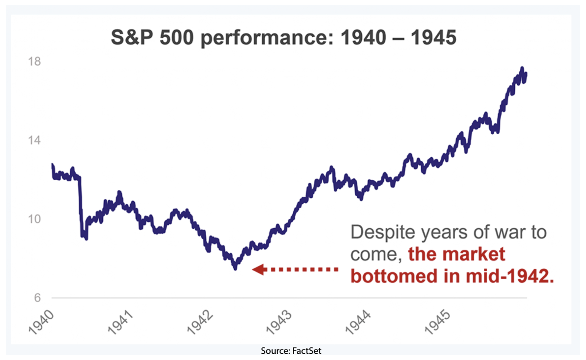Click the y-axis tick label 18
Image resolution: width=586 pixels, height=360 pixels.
tap(34, 61)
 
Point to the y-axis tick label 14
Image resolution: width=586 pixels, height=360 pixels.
tap(34, 140)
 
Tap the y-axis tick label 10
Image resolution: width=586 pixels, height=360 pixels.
tap(34, 219)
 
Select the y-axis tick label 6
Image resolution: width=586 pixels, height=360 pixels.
tap(37, 298)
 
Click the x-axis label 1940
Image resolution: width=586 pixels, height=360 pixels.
tap(41, 322)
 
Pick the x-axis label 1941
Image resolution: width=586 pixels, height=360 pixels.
tap(120, 322)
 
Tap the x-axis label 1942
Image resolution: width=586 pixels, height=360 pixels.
tap(200, 322)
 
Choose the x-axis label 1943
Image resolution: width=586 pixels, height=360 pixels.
tap(279, 322)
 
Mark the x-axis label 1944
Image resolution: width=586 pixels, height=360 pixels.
tap(358, 322)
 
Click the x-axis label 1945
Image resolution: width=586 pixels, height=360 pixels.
tap(437, 322)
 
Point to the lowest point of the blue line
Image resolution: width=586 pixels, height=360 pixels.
tap(235, 268)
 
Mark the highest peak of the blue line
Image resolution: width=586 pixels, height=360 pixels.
tap(522, 68)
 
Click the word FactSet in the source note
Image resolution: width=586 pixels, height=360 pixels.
tap(307, 351)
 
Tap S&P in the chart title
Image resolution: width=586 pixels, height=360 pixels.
tap(132, 38)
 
